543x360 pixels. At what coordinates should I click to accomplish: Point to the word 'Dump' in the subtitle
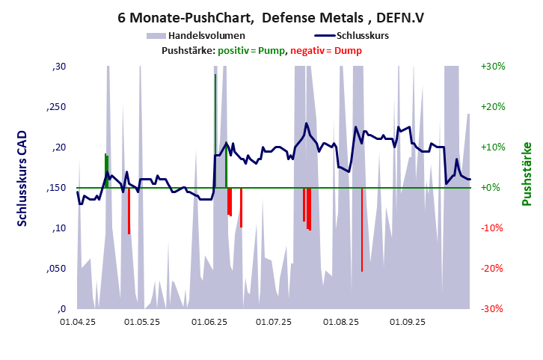pyautogui.click(x=348, y=50)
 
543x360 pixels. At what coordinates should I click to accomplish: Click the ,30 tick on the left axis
pyautogui.click(x=59, y=67)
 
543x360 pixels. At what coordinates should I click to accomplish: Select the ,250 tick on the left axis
pyautogui.click(x=57, y=107)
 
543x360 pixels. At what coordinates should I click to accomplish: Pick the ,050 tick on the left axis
pyautogui.click(x=57, y=269)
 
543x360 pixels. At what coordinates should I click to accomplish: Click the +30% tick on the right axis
pyautogui.click(x=494, y=67)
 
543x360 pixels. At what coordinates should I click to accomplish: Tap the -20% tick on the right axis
pyautogui.click(x=493, y=269)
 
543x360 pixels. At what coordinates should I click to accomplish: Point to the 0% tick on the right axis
pyautogui.click(x=494, y=188)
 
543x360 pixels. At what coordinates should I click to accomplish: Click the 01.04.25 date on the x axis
pyautogui.click(x=78, y=323)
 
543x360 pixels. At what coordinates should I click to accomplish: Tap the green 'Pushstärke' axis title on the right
pyautogui.click(x=527, y=174)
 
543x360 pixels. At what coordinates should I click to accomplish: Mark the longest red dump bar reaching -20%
pyautogui.click(x=362, y=229)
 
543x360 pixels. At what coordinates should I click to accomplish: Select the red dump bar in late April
pyautogui.click(x=129, y=210)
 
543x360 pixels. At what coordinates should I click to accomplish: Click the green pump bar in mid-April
pyautogui.click(x=106, y=171)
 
